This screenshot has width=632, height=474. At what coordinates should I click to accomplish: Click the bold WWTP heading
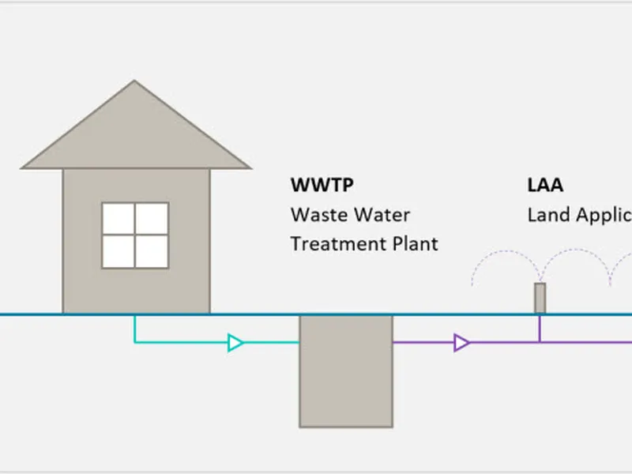click(x=322, y=186)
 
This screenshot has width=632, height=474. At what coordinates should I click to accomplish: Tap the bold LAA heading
click(x=545, y=186)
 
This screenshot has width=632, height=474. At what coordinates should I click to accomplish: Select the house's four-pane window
click(x=135, y=235)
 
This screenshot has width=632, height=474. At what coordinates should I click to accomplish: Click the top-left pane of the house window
click(x=118, y=218)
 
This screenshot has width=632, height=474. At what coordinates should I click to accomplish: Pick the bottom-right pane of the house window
click(x=152, y=251)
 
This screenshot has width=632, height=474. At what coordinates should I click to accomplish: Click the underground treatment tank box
click(x=345, y=371)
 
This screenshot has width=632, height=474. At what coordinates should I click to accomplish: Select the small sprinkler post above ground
click(x=540, y=299)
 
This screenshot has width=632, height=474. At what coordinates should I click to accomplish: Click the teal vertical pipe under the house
click(x=135, y=328)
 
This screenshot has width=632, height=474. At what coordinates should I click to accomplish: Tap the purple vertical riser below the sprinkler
click(x=540, y=328)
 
